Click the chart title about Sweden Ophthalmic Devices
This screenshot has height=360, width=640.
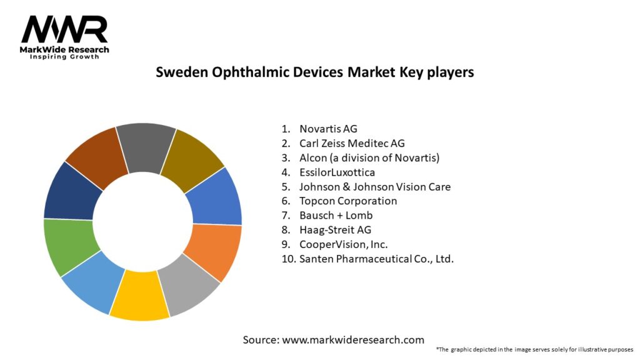point(314,72)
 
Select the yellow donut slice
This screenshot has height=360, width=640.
point(139,294)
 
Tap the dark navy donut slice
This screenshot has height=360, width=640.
point(72,191)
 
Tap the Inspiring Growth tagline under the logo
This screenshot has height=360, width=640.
point(64,57)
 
